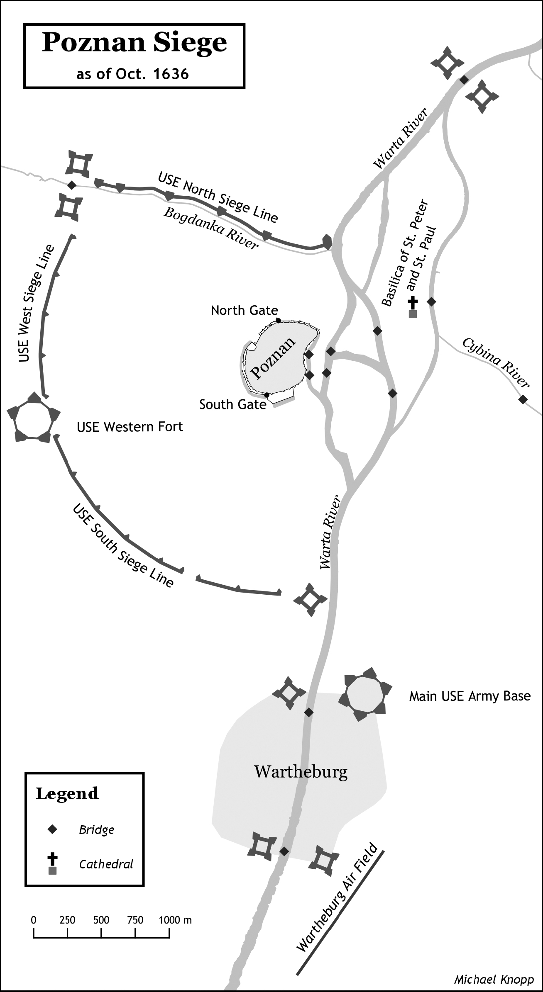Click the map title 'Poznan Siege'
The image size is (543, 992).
[135, 43]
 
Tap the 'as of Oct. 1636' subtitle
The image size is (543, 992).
[132, 74]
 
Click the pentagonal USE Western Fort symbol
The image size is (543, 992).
[34, 417]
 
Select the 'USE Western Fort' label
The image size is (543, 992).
[130, 427]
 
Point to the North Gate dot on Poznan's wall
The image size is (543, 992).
[278, 320]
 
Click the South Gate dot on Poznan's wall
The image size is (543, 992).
[267, 394]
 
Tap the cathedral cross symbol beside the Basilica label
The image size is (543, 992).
[413, 303]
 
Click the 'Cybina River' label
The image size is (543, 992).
[495, 362]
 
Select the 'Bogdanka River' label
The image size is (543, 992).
[211, 228]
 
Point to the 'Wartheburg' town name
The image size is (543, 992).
[301, 772]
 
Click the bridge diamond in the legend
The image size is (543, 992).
[52, 829]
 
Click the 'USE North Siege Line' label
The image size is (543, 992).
[218, 197]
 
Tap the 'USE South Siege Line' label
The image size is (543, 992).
[123, 545]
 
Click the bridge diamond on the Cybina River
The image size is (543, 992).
[523, 399]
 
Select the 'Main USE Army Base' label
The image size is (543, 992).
[470, 695]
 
